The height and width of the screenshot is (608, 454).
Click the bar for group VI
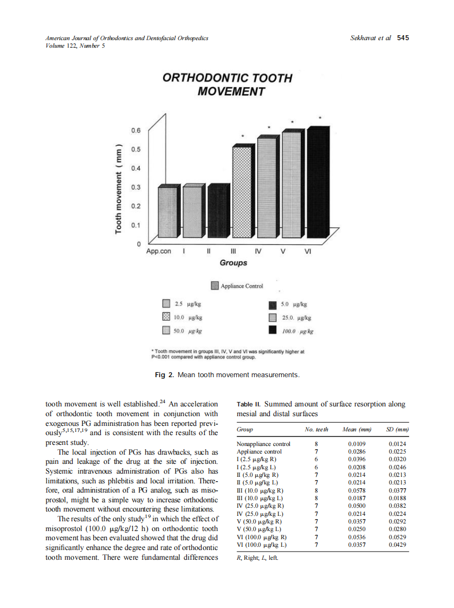(317, 184)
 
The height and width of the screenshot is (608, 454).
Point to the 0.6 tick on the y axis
(135, 131)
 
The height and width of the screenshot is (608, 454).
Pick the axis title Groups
(234, 263)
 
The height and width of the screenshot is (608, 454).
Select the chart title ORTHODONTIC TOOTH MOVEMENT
(227, 85)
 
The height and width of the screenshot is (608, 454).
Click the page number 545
(403, 38)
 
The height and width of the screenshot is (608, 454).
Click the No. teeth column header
(316, 430)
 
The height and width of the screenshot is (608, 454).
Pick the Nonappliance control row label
(264, 444)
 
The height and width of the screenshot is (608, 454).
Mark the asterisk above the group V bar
(293, 122)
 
